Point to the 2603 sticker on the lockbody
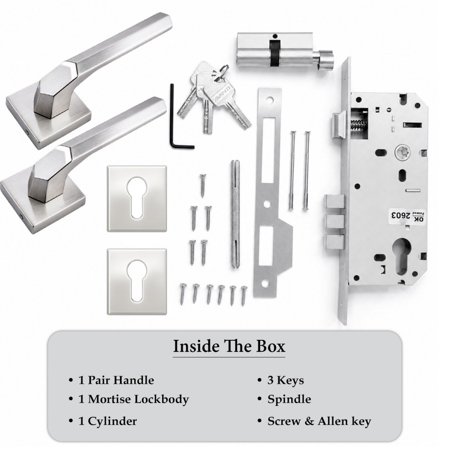click(x=405, y=216)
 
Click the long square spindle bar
click(x=235, y=213)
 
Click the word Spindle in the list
click(x=289, y=399)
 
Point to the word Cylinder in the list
click(x=112, y=421)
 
